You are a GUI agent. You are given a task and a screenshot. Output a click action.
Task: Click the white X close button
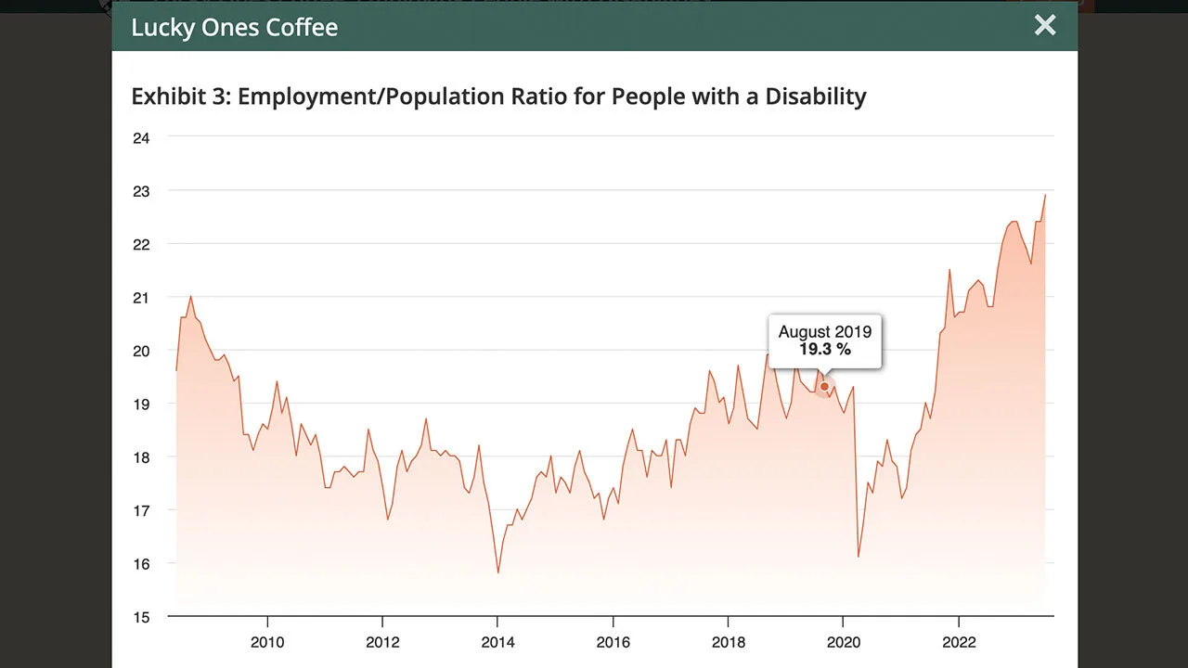(x=1045, y=26)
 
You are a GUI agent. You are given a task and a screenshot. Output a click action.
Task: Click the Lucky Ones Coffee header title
(x=234, y=27)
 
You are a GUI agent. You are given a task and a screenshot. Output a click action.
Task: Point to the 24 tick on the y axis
(x=142, y=137)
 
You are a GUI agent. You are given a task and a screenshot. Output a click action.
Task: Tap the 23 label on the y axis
(x=142, y=191)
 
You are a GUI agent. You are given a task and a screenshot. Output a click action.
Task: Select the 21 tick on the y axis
(x=142, y=298)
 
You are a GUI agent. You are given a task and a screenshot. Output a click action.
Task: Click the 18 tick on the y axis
(x=142, y=457)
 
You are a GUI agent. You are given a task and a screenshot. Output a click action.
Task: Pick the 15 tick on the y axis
(x=142, y=617)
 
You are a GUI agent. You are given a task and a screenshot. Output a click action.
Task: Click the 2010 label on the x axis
(x=267, y=643)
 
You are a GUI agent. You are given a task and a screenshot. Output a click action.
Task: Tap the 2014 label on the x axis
(x=497, y=643)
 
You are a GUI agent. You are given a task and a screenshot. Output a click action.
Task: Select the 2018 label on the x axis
(x=728, y=643)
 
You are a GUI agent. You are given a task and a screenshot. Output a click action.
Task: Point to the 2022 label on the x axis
(x=958, y=643)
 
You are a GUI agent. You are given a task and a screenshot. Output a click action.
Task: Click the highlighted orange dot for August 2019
(x=824, y=386)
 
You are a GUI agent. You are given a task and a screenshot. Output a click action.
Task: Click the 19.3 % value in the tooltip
(x=824, y=350)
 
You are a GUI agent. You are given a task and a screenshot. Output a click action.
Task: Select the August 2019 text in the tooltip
(x=824, y=331)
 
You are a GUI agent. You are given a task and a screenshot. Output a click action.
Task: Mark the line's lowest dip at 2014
(x=498, y=572)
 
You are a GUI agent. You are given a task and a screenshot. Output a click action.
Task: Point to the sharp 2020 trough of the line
(x=859, y=557)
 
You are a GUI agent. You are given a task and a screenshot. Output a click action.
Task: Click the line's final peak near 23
(x=1045, y=195)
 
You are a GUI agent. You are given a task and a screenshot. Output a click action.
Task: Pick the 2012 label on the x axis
(x=382, y=643)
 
